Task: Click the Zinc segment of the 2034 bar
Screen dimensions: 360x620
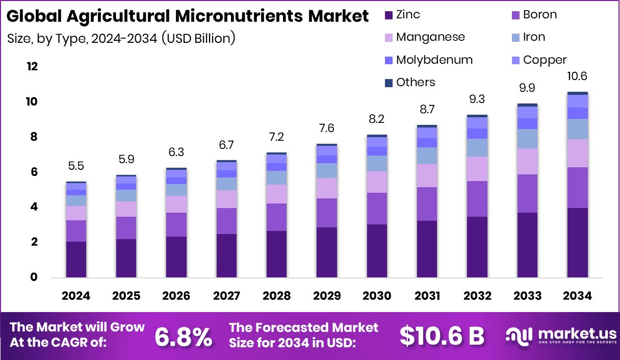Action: click(577, 243)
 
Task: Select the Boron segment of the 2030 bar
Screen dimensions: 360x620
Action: click(376, 209)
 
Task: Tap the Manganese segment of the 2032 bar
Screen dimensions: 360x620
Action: click(477, 169)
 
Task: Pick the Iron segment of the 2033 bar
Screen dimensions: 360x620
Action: click(527, 139)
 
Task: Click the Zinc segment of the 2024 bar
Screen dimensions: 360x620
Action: click(76, 260)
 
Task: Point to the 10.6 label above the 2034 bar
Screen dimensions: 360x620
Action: click(577, 77)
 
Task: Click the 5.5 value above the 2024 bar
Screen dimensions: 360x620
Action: click(76, 166)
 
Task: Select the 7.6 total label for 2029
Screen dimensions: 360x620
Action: click(326, 128)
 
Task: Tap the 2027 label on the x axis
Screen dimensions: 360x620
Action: click(226, 296)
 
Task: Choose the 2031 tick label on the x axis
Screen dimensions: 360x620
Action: click(427, 296)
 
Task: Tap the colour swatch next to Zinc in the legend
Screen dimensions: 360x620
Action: click(388, 15)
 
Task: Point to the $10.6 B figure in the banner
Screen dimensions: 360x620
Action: click(442, 336)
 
